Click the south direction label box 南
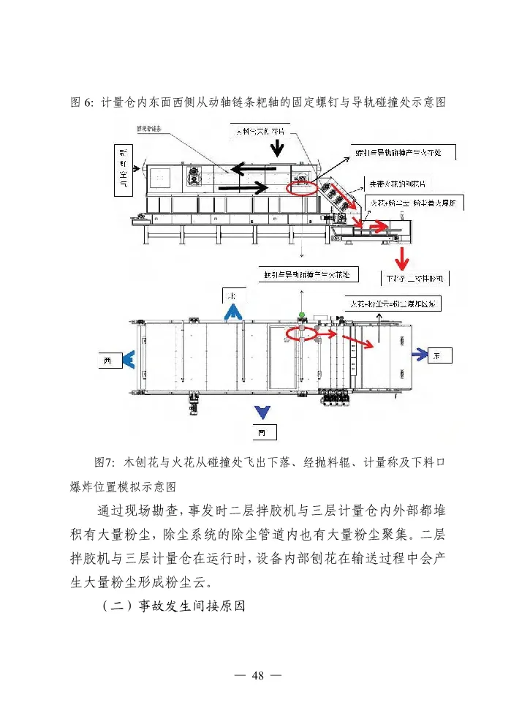click(x=262, y=433)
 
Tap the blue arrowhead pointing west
click(x=129, y=359)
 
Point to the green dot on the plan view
click(x=301, y=315)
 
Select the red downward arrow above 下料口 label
click(x=401, y=258)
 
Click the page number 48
click(x=256, y=674)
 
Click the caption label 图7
click(x=106, y=462)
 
